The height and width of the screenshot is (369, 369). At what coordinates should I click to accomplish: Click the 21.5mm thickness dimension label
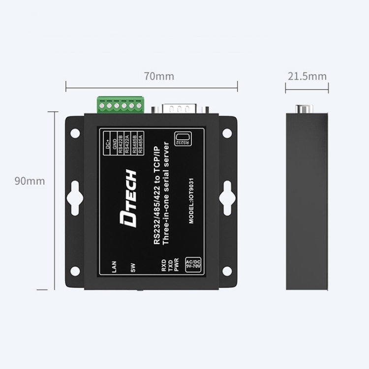tap(307, 76)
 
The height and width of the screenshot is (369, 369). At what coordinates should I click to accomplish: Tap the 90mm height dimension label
tap(30, 181)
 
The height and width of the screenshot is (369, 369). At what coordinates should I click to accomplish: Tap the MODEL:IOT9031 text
tap(192, 201)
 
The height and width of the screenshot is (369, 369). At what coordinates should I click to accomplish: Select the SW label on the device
tap(133, 268)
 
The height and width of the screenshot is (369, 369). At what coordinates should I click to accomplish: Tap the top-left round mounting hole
tap(75, 133)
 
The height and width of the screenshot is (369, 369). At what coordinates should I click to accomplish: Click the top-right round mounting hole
tap(227, 133)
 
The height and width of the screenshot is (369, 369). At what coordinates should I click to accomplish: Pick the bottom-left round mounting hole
tap(75, 271)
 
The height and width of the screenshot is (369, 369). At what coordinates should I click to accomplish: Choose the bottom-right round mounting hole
tap(227, 271)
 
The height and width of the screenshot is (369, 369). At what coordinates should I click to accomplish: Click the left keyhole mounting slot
tap(75, 197)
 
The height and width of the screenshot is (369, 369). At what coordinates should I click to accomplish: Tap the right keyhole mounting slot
tap(227, 197)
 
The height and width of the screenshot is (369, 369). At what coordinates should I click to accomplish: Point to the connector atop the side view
tap(302, 109)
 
